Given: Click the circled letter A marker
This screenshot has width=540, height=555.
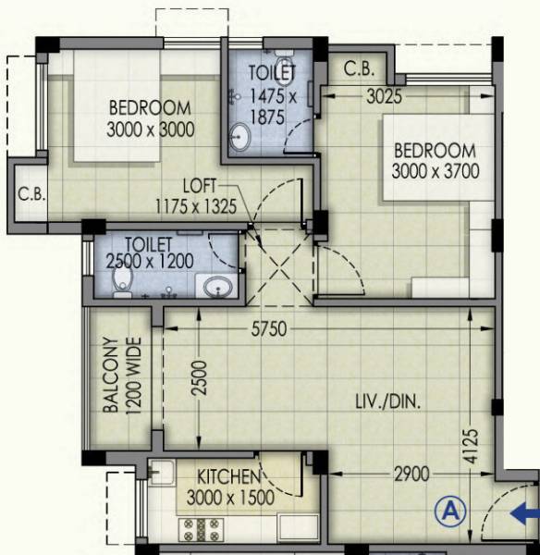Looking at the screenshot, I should coord(450,510).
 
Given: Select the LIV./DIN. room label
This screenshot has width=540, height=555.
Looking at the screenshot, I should coord(387,401).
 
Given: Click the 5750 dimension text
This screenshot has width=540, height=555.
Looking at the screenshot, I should coord(266,328).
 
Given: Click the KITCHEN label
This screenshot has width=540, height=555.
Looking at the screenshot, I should coord(227,477).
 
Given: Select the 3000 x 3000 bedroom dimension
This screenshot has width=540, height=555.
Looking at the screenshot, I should coord(150,129).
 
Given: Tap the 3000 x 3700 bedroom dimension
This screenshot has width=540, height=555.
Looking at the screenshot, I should coord(436,171).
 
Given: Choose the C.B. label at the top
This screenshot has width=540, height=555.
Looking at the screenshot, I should coord(359,68).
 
